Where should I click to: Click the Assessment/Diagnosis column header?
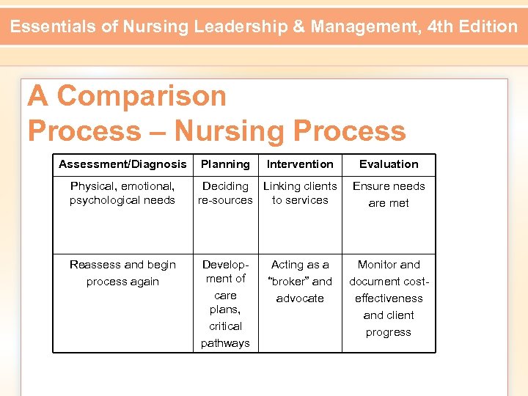(122, 164)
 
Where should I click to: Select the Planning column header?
(225, 164)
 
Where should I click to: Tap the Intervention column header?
(300, 164)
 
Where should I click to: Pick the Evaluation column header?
(389, 164)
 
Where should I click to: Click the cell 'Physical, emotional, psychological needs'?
(122, 193)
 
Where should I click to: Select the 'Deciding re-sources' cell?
(225, 193)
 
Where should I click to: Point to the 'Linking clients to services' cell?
(300, 193)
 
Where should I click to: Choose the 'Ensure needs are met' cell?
(389, 194)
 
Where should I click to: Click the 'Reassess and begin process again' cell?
(122, 273)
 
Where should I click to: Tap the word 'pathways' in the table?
(225, 343)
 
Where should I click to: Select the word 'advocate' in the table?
(300, 298)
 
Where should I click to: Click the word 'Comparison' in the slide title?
(142, 96)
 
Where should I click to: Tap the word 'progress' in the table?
(389, 332)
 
